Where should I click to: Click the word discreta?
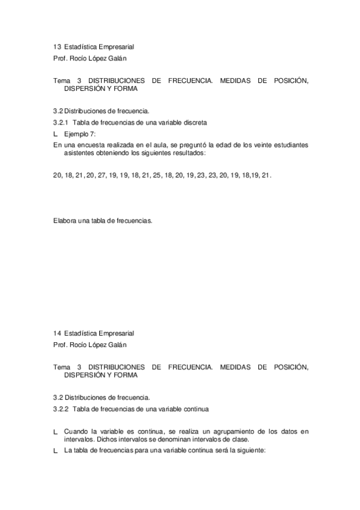click(194, 122)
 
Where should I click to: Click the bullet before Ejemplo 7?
click(55, 134)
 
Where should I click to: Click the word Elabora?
click(65, 221)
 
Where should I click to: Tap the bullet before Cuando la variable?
click(55, 432)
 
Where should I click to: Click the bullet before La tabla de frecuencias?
click(55, 451)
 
